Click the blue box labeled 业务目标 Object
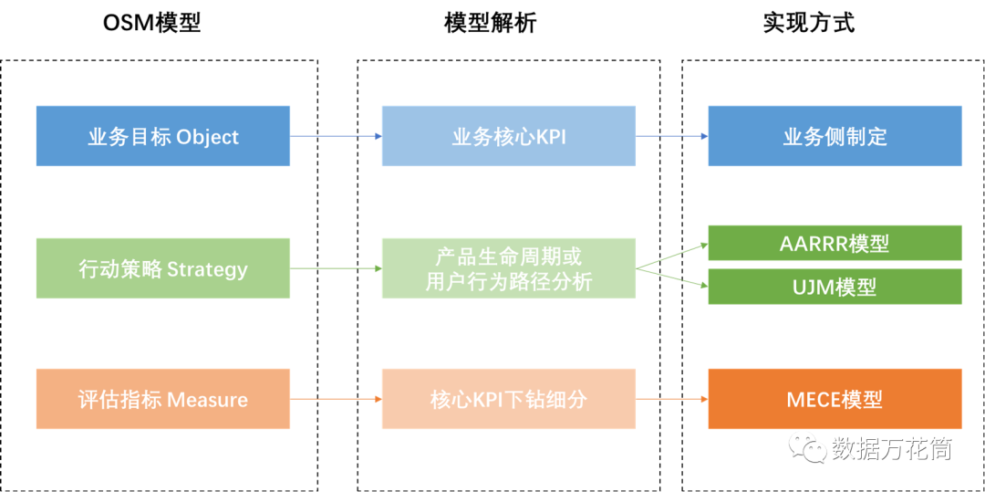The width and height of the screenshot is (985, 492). point(163,136)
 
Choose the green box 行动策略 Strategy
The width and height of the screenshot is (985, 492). point(163,268)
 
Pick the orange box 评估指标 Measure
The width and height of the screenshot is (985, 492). point(163,400)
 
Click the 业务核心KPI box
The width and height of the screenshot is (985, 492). point(509,136)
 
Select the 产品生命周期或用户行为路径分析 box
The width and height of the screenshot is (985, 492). point(509,268)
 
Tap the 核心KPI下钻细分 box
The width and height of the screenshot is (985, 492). point(509,400)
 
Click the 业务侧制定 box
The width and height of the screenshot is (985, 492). point(835,136)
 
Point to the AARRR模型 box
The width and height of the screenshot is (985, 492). point(835,243)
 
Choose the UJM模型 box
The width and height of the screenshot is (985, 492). point(835,287)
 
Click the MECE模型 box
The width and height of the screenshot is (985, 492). point(835,400)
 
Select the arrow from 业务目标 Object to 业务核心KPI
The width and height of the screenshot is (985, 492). point(336,136)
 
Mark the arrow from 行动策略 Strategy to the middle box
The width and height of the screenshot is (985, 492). point(336,268)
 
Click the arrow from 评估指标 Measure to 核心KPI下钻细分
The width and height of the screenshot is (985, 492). point(336,400)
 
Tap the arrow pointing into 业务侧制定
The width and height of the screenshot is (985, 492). point(672,136)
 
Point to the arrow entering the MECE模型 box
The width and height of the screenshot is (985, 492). point(672,400)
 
